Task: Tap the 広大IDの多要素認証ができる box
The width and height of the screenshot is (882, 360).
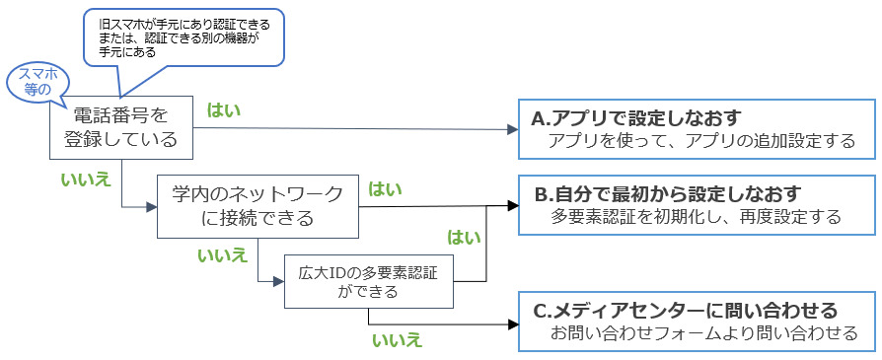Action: (x=368, y=281)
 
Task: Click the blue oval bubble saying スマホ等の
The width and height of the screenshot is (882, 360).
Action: (x=33, y=82)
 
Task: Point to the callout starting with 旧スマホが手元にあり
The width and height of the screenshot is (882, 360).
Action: (x=183, y=36)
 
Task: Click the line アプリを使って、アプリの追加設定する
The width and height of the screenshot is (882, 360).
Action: (x=702, y=142)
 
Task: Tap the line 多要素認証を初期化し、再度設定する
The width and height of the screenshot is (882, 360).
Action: (x=697, y=216)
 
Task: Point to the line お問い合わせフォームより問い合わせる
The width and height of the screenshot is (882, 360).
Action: (x=703, y=333)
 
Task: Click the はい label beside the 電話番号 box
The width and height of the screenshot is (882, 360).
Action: (x=224, y=109)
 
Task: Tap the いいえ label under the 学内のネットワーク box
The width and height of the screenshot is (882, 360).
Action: (x=223, y=255)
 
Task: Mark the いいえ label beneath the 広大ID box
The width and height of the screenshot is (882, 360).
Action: (x=397, y=340)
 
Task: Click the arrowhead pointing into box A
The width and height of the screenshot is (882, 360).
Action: (x=513, y=129)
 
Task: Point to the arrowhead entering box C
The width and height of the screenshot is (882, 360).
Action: (x=513, y=324)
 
